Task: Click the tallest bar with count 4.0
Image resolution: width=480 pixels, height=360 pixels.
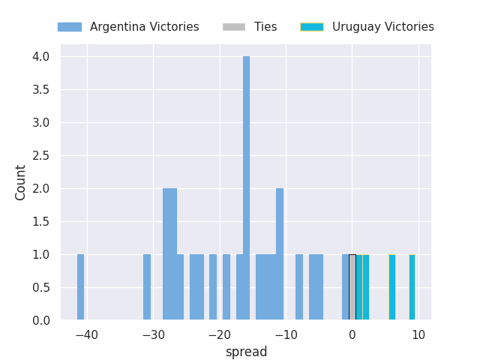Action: (x=246, y=188)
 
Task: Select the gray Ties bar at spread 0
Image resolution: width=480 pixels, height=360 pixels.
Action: (x=352, y=287)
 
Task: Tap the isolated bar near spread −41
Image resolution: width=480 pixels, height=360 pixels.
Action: (x=80, y=287)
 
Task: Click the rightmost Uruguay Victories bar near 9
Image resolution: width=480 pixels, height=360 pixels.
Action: (x=412, y=287)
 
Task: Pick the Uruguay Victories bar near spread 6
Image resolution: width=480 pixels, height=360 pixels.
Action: (x=392, y=287)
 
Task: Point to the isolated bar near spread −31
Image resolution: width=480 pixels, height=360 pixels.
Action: (x=147, y=287)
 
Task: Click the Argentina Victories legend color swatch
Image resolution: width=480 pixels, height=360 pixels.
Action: (x=70, y=27)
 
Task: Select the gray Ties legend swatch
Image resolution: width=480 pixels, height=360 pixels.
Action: (x=234, y=27)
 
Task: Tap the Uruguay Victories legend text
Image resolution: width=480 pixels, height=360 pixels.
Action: (x=383, y=27)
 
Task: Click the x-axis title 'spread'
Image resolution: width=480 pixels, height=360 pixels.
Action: (x=247, y=352)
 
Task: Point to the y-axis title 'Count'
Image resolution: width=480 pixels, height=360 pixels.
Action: (x=20, y=183)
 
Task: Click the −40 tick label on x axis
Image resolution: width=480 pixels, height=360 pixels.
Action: (x=87, y=335)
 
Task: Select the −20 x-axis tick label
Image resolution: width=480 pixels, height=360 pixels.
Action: (x=220, y=335)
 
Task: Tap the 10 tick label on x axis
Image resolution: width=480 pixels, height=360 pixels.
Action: (x=418, y=335)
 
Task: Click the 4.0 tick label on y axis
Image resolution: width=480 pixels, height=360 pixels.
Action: (x=41, y=57)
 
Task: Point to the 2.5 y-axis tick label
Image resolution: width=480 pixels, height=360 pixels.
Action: (x=41, y=156)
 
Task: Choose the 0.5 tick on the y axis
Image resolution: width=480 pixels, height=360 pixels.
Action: (x=41, y=288)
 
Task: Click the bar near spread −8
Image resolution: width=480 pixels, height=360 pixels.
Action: (x=299, y=287)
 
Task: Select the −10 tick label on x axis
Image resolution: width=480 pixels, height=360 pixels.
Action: (x=286, y=335)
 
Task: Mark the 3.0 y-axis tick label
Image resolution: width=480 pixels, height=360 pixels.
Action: (x=41, y=123)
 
